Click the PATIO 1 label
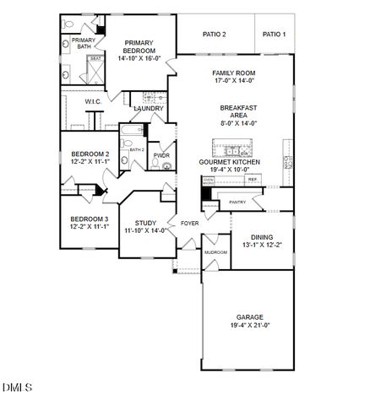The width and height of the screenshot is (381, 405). [274, 35]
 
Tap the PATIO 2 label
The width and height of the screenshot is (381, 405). [215, 35]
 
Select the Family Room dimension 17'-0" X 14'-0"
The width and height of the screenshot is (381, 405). [233, 83]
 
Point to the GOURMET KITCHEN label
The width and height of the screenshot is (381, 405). [229, 161]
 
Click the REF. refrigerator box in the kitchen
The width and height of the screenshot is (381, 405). [252, 179]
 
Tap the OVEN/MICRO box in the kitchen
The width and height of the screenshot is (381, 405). [209, 181]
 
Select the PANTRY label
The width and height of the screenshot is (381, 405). [237, 202]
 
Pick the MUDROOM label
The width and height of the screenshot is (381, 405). [215, 252]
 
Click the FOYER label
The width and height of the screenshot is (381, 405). [189, 224]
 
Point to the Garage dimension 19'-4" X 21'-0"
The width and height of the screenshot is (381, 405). [250, 325]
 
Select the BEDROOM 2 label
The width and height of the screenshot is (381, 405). [90, 154]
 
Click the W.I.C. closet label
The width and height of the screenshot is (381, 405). [93, 101]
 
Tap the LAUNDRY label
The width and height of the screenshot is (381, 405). [148, 109]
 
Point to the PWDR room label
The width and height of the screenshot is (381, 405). [161, 155]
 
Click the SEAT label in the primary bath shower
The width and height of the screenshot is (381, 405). [95, 58]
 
